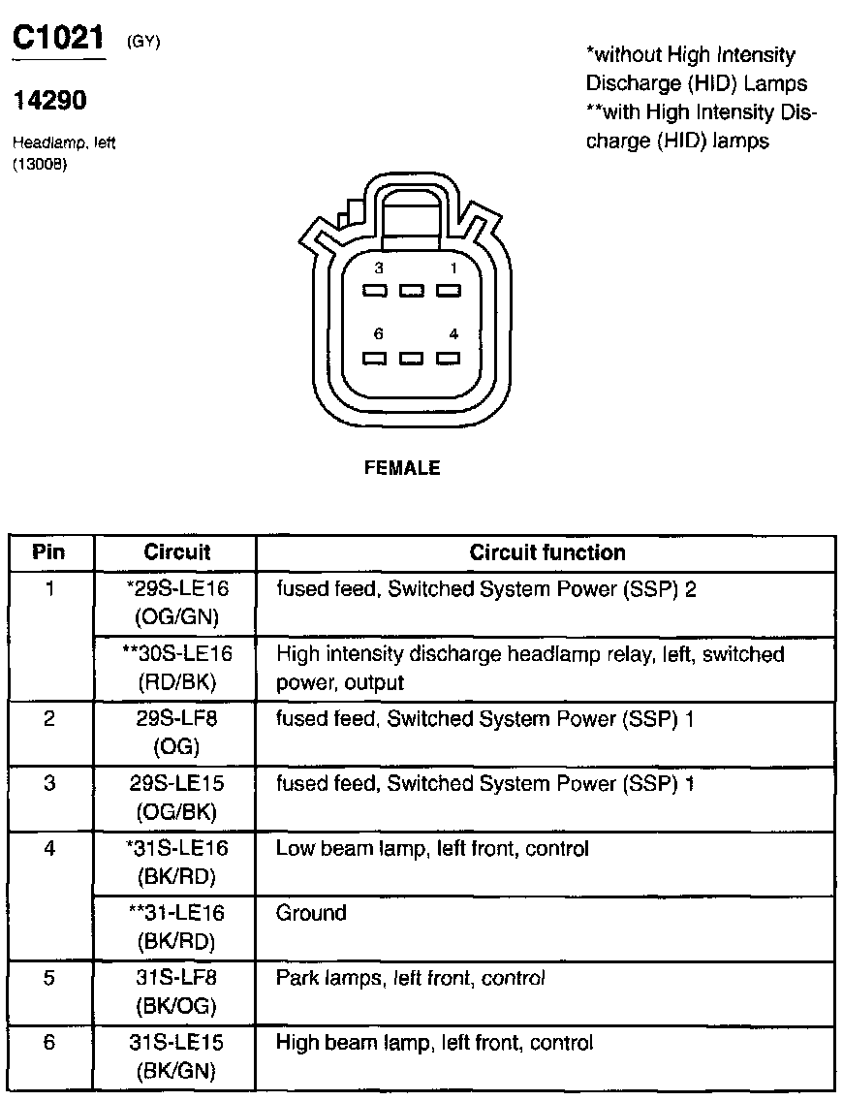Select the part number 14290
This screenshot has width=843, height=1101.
pyautogui.click(x=49, y=101)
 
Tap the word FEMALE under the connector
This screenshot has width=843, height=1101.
pyautogui.click(x=402, y=468)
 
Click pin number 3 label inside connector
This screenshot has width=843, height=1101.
pyautogui.click(x=379, y=267)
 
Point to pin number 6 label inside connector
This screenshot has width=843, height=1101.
pyautogui.click(x=379, y=334)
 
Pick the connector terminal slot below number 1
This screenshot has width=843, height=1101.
pyautogui.click(x=447, y=290)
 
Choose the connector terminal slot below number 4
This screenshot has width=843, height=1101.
pyautogui.click(x=447, y=358)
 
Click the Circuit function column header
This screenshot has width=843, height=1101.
pyautogui.click(x=546, y=552)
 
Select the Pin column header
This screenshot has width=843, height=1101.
pyautogui.click(x=49, y=552)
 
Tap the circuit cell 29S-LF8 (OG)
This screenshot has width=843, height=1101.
pyautogui.click(x=176, y=733)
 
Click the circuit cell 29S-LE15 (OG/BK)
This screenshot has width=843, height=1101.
pyautogui.click(x=176, y=798)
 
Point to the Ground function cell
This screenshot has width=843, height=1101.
pyautogui.click(x=311, y=913)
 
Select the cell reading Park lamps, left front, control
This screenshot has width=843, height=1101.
pyautogui.click(x=410, y=978)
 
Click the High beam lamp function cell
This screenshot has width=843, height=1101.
pyautogui.click(x=434, y=1043)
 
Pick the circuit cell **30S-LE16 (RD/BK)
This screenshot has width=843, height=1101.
pyautogui.click(x=176, y=668)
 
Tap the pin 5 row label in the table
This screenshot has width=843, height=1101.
pyautogui.click(x=49, y=978)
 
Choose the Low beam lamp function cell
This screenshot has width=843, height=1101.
pyautogui.click(x=432, y=849)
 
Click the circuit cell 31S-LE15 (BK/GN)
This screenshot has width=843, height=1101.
pyautogui.click(x=176, y=1056)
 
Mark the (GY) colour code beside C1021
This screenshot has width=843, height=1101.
pyautogui.click(x=142, y=42)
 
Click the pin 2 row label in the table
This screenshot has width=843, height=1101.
pyautogui.click(x=49, y=720)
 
